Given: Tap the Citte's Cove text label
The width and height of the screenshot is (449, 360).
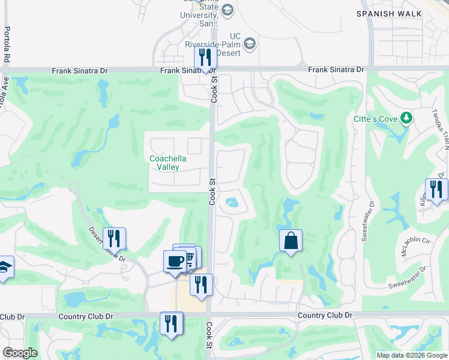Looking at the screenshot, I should pos(375,119).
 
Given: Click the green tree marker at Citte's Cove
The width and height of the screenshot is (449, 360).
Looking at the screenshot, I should pos(407,118).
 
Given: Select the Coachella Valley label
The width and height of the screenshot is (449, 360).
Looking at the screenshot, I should pos(168,163).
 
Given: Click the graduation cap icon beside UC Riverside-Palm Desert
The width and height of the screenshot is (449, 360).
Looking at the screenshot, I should pos(250,44).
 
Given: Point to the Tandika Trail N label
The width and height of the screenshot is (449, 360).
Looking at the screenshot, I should pos(441,133).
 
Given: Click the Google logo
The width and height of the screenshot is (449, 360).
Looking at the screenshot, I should pos(20,353).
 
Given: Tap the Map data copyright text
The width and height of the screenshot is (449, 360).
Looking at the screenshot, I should pos(411,355).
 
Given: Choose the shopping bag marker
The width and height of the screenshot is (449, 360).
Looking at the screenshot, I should pos(291,241).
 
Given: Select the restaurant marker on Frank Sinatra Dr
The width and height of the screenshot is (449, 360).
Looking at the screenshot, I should pos(205,58).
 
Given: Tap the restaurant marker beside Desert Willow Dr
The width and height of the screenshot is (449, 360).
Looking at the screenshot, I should pos(113,238).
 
